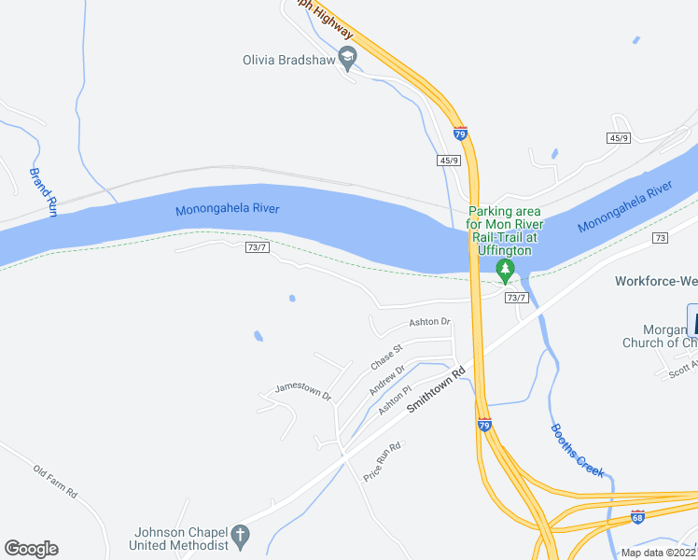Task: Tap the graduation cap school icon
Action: [347, 59]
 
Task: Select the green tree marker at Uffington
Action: [505, 272]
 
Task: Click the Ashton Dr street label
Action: [429, 322]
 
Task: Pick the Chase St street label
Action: [385, 356]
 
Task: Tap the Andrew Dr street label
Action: [387, 378]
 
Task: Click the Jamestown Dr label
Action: [303, 391]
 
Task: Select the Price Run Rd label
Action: [382, 461]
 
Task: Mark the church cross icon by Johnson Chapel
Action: [240, 536]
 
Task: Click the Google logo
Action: [31, 549]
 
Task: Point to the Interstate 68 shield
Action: [637, 516]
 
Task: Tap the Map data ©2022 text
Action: [658, 553]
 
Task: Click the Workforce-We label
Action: [656, 281]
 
